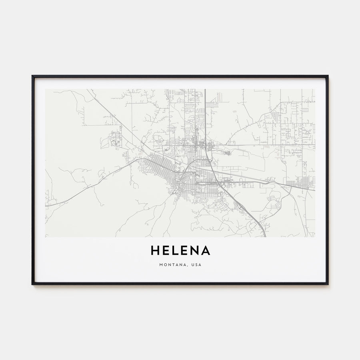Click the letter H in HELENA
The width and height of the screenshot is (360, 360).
(155, 251)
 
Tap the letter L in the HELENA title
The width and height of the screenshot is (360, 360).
(177, 251)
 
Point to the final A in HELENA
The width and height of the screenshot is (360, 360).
(206, 251)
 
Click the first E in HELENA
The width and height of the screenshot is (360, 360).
(167, 251)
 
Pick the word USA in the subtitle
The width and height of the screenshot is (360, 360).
(196, 264)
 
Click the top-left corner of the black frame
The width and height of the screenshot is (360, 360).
(32, 76)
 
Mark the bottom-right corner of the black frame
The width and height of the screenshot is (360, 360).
(328, 284)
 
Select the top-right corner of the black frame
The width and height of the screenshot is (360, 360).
(328, 76)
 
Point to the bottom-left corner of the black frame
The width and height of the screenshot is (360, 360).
(32, 284)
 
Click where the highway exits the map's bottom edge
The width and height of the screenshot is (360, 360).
(264, 236)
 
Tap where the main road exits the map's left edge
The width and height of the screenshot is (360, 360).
(46, 206)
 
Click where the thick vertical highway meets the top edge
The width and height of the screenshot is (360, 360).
(205, 90)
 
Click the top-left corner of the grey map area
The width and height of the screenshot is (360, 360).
(46, 89)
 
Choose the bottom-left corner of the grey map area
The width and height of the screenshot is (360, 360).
(46, 237)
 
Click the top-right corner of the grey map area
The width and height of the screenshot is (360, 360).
(315, 89)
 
